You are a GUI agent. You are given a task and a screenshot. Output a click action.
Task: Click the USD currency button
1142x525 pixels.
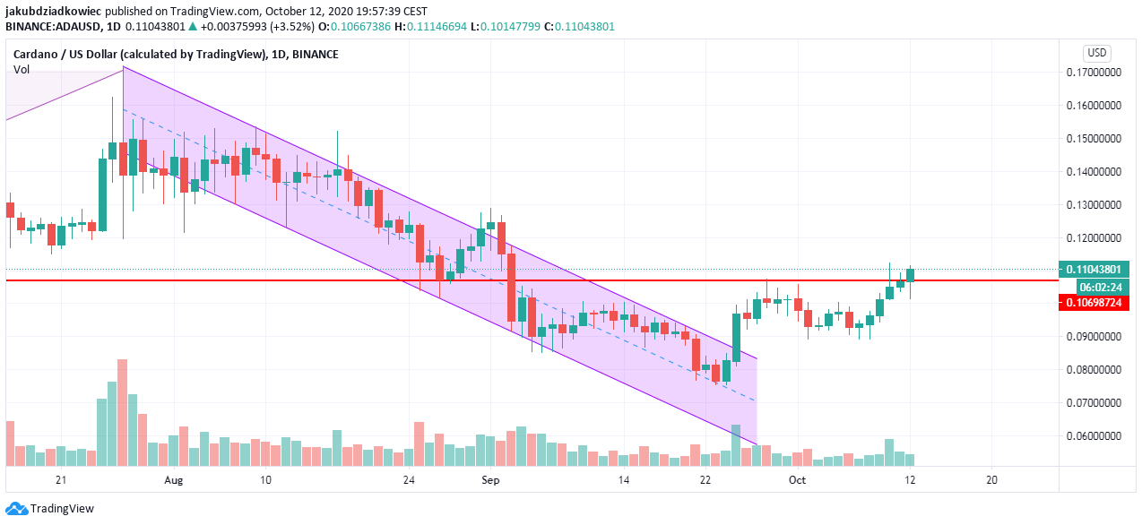click(x=1097, y=52)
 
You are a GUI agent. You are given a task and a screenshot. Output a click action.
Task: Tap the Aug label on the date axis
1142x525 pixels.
click(x=174, y=480)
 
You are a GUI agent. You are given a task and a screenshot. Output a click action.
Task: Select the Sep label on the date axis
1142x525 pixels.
click(x=490, y=480)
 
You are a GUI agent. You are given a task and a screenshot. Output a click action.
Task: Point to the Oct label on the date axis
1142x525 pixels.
click(x=798, y=480)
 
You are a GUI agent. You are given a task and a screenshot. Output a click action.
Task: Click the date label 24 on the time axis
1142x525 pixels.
click(x=409, y=480)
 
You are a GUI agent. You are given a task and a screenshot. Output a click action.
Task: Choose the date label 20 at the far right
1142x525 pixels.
click(x=991, y=480)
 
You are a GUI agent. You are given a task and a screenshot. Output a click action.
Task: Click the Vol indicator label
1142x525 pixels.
click(x=21, y=69)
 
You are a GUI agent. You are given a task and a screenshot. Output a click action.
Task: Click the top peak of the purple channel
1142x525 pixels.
click(x=123, y=67)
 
